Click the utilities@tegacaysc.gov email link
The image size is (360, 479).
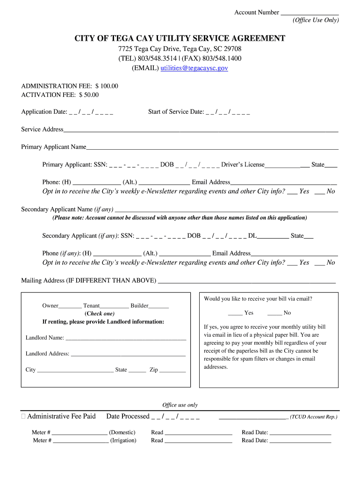[194, 68]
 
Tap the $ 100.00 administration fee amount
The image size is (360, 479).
[107, 86]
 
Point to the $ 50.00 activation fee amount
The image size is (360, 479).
[89, 94]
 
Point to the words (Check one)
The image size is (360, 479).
[100, 313]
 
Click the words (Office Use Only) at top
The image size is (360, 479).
[316, 20]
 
